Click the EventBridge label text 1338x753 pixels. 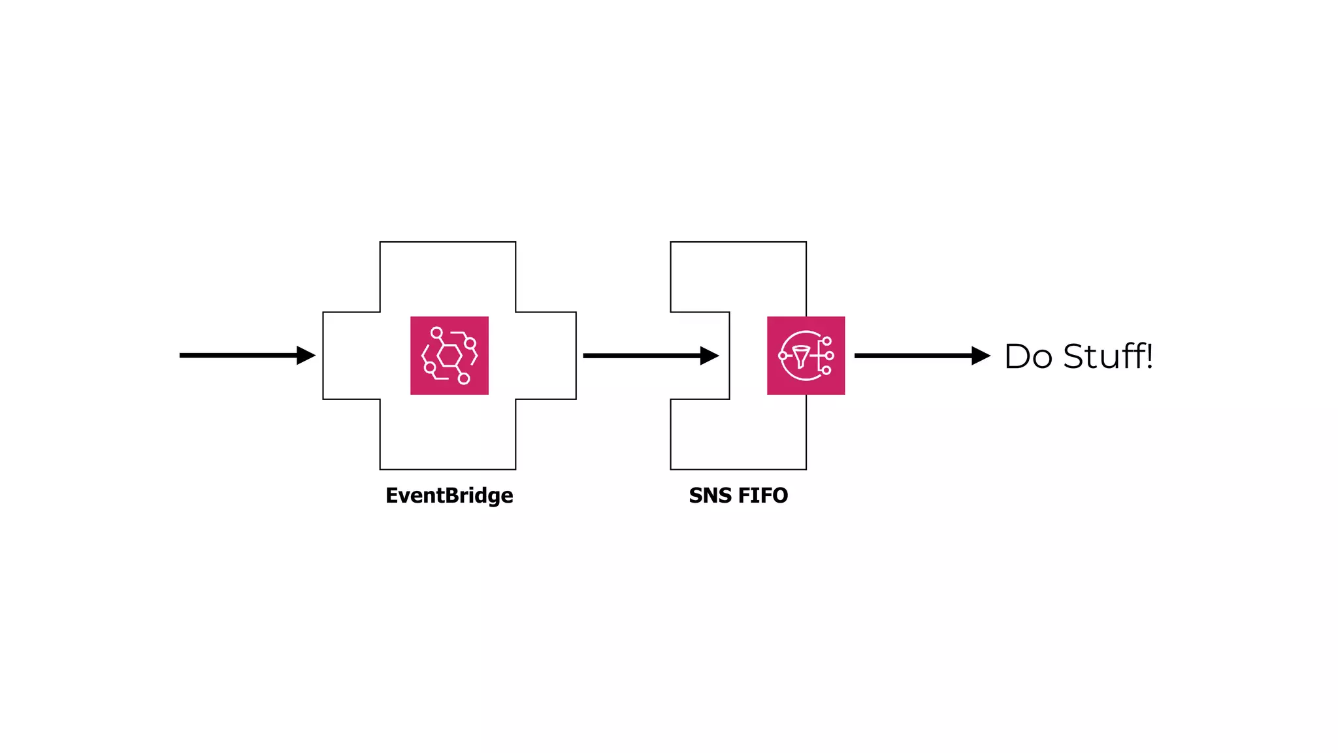[x=449, y=495]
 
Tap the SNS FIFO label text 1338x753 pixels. [x=738, y=495]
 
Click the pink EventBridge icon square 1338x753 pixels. [x=449, y=356]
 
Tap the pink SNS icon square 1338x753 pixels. [x=806, y=356]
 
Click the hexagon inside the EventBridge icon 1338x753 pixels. [x=449, y=356]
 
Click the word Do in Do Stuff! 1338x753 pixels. [x=1028, y=357]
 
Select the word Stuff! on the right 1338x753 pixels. [x=1104, y=357]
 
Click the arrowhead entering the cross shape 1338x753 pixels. [x=306, y=356]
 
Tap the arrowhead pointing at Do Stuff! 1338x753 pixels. [x=981, y=356]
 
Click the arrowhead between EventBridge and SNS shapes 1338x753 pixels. [x=709, y=356]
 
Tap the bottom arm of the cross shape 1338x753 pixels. [x=448, y=434]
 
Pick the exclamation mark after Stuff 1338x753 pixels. [x=1149, y=356]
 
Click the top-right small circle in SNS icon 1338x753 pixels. [x=826, y=341]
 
